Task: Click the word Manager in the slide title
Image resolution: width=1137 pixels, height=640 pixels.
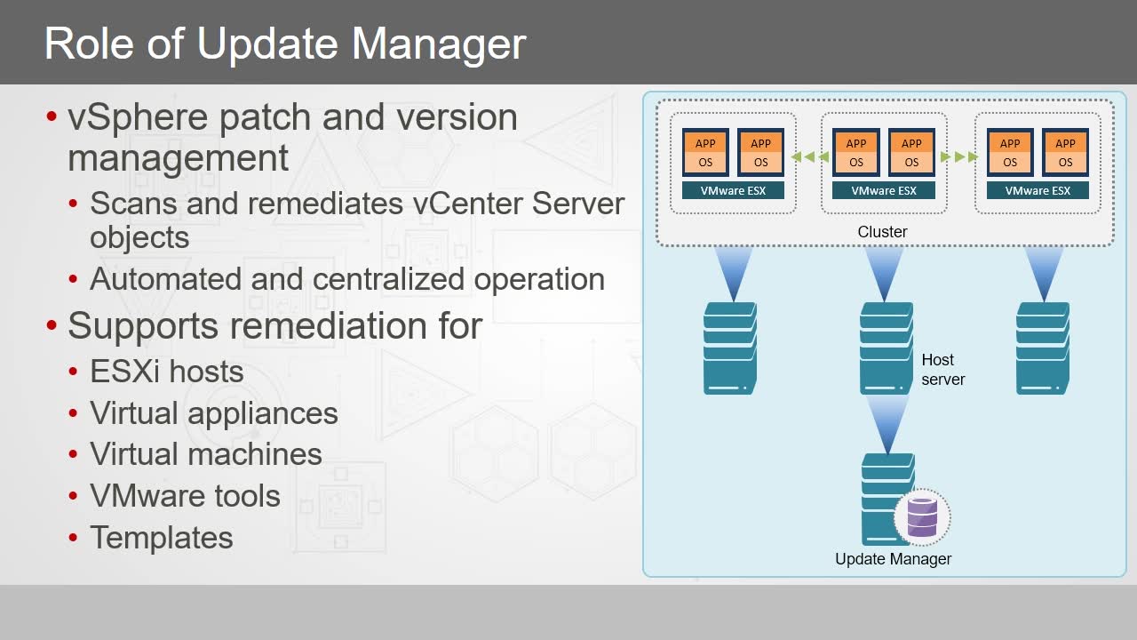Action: tap(439, 45)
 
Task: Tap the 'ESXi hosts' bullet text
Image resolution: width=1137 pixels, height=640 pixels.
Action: tap(166, 372)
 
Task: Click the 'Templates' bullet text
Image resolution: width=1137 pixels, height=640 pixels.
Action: tap(162, 538)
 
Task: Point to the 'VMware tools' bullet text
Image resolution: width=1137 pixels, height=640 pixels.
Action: tap(186, 496)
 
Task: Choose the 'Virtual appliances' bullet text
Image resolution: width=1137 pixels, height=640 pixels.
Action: tap(214, 414)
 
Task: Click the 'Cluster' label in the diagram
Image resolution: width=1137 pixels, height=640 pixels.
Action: tap(882, 232)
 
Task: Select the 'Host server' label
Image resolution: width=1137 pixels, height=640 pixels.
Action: tap(943, 369)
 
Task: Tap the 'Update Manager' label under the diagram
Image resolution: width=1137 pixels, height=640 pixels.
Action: tap(893, 559)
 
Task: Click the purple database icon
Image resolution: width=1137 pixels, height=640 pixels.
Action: tap(922, 517)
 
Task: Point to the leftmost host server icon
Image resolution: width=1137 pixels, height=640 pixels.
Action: tap(730, 348)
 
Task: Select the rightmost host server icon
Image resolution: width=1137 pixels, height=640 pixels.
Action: tap(1043, 348)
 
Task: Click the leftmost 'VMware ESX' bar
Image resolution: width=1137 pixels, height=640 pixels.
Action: tap(733, 190)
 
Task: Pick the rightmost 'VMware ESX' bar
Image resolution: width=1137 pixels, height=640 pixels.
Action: tap(1038, 190)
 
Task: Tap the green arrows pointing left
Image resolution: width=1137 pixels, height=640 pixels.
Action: tap(809, 157)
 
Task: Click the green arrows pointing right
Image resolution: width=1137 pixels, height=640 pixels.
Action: tap(959, 157)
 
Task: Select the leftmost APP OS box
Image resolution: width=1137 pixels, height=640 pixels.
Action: tap(705, 152)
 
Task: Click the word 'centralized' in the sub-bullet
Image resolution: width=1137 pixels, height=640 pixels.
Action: tap(388, 279)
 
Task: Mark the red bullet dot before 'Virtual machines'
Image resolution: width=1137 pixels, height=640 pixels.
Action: tap(73, 454)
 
